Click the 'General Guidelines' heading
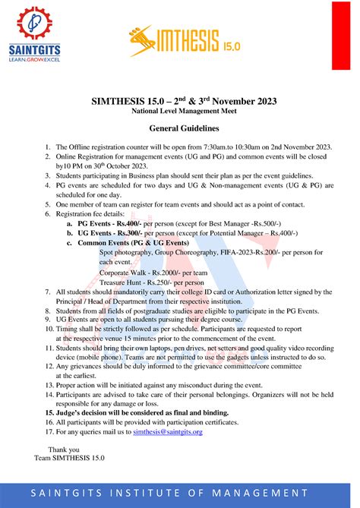(179, 128)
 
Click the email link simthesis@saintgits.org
(168, 432)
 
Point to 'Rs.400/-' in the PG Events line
(126, 225)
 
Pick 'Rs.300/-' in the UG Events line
(127, 233)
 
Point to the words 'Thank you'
(65, 450)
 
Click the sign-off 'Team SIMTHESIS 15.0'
(70, 459)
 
